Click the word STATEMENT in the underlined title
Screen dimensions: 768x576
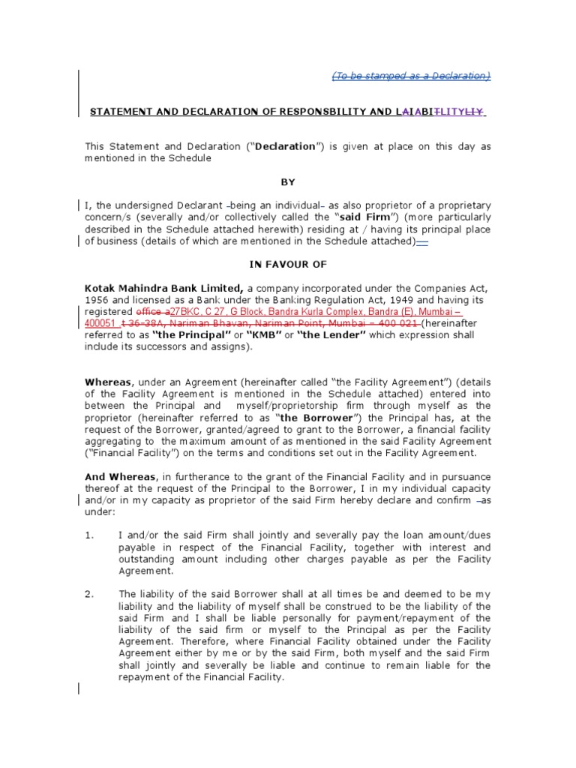click(119, 112)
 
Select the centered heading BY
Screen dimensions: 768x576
click(288, 182)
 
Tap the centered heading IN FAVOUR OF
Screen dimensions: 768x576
click(287, 265)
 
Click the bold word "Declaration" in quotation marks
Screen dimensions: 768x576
click(286, 147)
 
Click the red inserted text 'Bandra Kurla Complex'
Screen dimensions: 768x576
click(300, 311)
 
